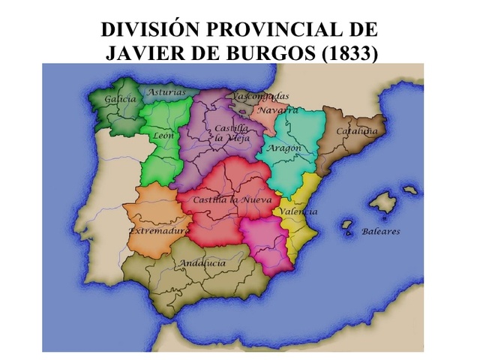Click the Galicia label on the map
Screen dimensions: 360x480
[x=121, y=99]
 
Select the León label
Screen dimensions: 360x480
[x=163, y=136]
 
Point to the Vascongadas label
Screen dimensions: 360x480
[x=260, y=97]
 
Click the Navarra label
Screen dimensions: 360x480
[x=278, y=110]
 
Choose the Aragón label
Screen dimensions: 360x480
[x=286, y=148]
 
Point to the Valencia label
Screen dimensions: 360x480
[x=298, y=211]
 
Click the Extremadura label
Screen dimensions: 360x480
[x=158, y=231]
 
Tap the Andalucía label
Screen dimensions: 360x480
[x=202, y=264]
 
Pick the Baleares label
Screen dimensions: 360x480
[x=381, y=231]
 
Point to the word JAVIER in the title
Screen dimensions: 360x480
[x=139, y=53]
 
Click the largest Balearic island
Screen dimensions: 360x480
[x=382, y=202]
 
